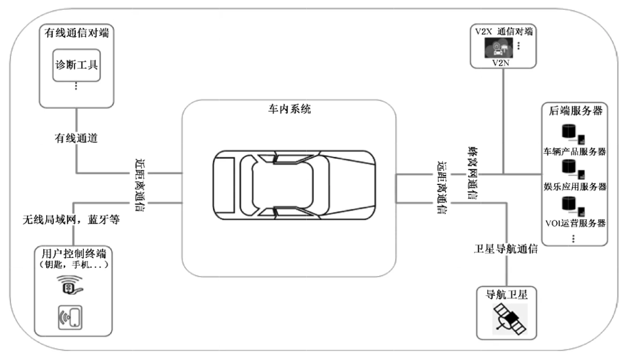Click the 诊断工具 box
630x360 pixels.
pyautogui.click(x=76, y=65)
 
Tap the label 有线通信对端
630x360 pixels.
pyautogui.click(x=76, y=33)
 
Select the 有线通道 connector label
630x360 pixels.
pyautogui.click(x=76, y=138)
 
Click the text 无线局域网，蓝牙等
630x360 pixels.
pyautogui.click(x=71, y=219)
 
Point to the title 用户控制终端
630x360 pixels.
pyautogui.click(x=74, y=254)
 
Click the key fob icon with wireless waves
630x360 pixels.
pyautogui.click(x=70, y=285)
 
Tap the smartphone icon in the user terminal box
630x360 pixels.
pyautogui.click(x=71, y=317)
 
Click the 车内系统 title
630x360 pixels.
pyautogui.click(x=289, y=109)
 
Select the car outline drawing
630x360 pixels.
pyautogui.click(x=294, y=185)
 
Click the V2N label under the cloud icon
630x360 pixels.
pyautogui.click(x=501, y=63)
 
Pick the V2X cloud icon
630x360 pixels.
pyautogui.click(x=499, y=48)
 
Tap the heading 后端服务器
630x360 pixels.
pyautogui.click(x=575, y=111)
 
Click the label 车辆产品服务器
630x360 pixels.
pyautogui.click(x=575, y=152)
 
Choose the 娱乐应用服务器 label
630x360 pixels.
pyautogui.click(x=575, y=187)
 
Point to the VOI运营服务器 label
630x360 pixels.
pyautogui.click(x=575, y=223)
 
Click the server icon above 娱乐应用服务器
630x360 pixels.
pyautogui.click(x=573, y=169)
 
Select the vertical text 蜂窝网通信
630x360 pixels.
pyautogui.click(x=473, y=173)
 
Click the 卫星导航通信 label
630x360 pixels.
pyautogui.click(x=506, y=249)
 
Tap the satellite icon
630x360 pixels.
pyautogui.click(x=509, y=319)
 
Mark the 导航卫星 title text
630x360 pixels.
pyautogui.click(x=506, y=295)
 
